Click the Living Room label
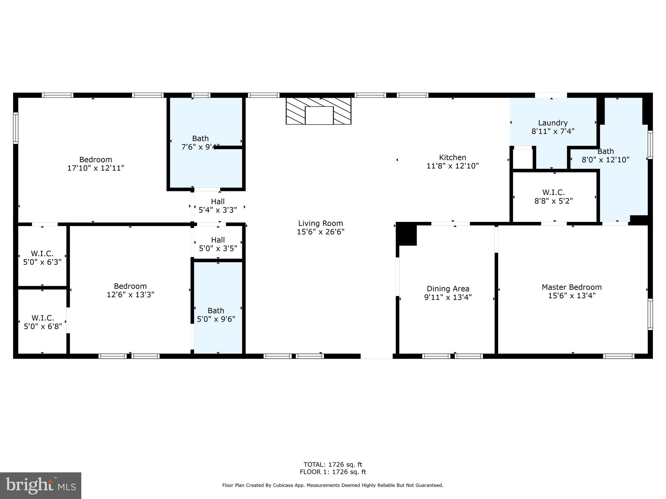pyautogui.click(x=320, y=224)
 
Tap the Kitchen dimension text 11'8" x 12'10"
pyautogui.click(x=452, y=166)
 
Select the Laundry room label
pyautogui.click(x=553, y=123)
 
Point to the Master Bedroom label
pyautogui.click(x=571, y=287)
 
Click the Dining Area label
pyautogui.click(x=448, y=289)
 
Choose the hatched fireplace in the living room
pyautogui.click(x=318, y=111)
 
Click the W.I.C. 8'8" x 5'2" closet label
pyautogui.click(x=553, y=197)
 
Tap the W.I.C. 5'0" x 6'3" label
pyautogui.click(x=42, y=258)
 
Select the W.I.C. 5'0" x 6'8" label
pyautogui.click(x=43, y=322)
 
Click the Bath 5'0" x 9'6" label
pyautogui.click(x=216, y=315)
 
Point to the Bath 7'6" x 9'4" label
pyautogui.click(x=200, y=143)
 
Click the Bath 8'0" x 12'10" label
pyautogui.click(x=606, y=156)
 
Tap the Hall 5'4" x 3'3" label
pyautogui.click(x=218, y=206)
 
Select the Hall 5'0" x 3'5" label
pyautogui.click(x=218, y=244)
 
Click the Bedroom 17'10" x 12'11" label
pyautogui.click(x=96, y=164)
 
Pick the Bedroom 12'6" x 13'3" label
pyautogui.click(x=130, y=290)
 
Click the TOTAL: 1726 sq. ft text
pyautogui.click(x=333, y=465)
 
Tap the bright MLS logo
pyautogui.click(x=40, y=485)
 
